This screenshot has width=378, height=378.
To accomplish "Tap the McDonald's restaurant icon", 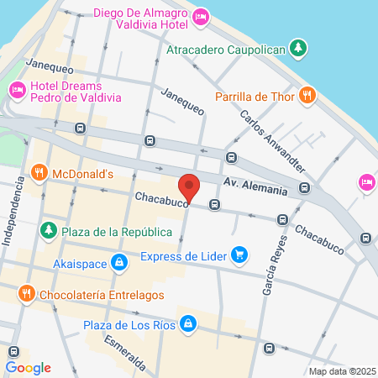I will [39, 173].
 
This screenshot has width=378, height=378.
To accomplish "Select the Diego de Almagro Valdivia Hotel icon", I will [201, 17].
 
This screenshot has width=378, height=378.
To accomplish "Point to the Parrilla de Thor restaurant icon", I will [307, 95].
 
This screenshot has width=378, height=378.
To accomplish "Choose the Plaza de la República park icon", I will [49, 230].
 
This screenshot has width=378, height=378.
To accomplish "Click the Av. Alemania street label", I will [256, 186].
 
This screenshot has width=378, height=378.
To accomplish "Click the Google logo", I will [28, 367].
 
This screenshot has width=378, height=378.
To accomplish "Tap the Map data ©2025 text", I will [341, 371].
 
